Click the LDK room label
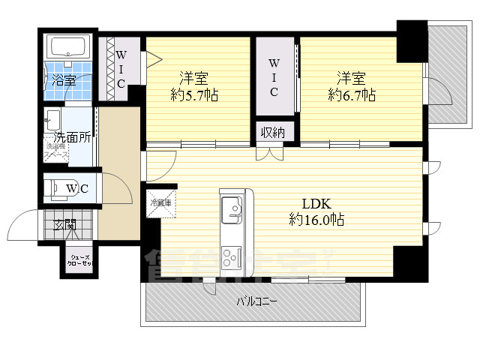coord(316,203)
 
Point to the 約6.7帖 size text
coord(351,95)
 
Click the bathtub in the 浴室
coord(69,48)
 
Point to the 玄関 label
coord(64,223)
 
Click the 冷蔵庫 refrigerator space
coord(160,203)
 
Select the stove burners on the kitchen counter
coord(230,259)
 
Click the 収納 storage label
coord(272,133)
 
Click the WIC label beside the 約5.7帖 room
coord(121,68)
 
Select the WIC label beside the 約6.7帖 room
coord(274,76)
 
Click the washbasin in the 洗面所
coord(53,118)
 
